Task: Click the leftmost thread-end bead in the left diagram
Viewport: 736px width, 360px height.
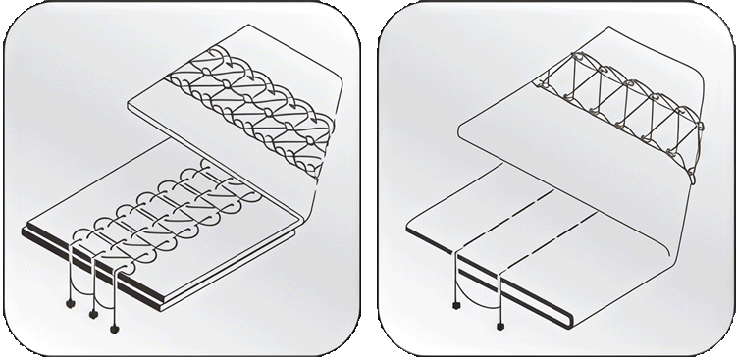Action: [68, 301]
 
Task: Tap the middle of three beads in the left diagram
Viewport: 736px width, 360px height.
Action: [92, 314]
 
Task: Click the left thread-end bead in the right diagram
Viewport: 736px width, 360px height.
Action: [457, 305]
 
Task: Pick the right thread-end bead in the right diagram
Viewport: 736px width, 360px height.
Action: [501, 323]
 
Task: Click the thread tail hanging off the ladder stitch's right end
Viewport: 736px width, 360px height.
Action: [694, 178]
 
